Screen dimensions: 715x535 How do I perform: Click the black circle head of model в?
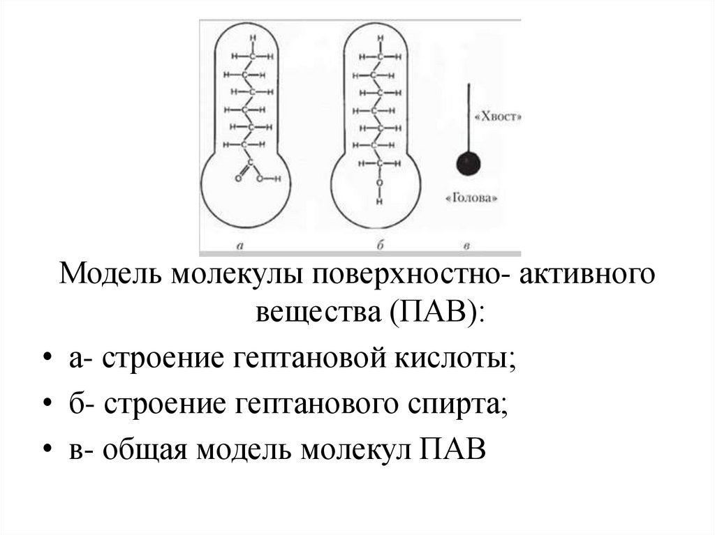coord(469,165)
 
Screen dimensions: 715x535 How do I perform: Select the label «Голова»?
coord(472,198)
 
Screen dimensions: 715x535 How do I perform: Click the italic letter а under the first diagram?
coord(240,245)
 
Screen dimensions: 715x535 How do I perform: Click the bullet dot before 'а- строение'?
coord(47,361)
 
